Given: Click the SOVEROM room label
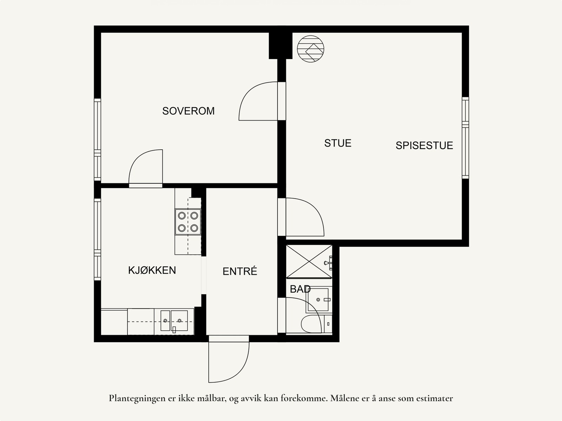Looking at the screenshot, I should point(188,111).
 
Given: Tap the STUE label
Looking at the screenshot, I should point(338,143).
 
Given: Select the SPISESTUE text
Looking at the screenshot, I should point(424,145).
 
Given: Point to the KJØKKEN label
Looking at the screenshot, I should point(152,270).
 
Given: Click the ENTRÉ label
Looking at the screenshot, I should point(240,271).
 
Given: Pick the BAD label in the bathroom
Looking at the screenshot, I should point(300,289).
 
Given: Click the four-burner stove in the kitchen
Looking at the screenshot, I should point(188,222).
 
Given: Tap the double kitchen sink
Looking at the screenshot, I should point(174,320).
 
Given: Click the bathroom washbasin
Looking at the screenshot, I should point(319,300).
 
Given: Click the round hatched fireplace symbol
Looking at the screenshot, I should point(310,49).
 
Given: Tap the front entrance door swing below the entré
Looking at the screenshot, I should point(228,360).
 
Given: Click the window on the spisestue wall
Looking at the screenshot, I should point(465,138).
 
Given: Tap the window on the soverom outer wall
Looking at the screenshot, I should point(97,140).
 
